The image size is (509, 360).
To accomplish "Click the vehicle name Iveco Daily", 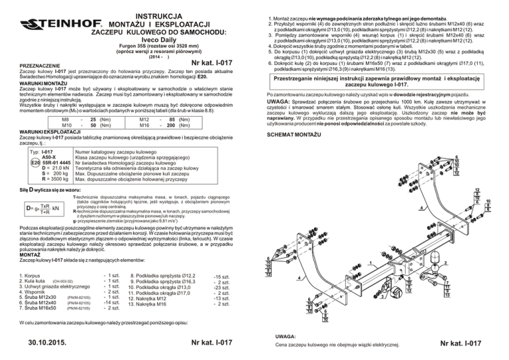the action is click(x=125, y=39).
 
